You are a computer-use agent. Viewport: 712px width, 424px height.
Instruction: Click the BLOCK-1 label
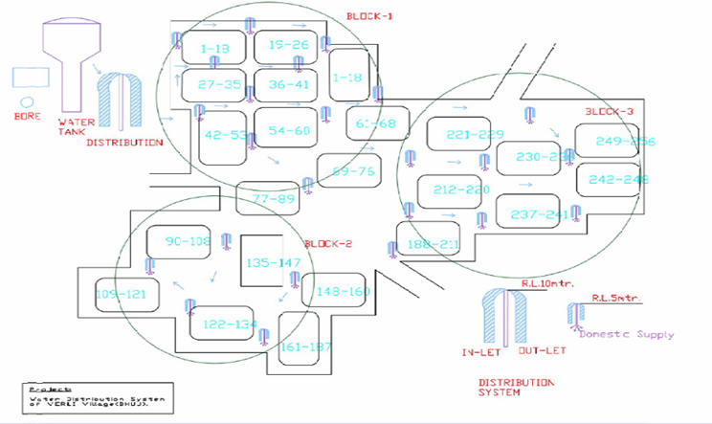[367, 16]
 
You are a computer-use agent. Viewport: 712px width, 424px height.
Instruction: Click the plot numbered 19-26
[286, 46]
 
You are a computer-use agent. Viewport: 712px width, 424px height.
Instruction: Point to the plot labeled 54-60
[289, 130]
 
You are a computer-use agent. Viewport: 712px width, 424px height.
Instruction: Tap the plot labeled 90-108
[188, 242]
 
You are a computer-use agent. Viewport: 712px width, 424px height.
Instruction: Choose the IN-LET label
[478, 353]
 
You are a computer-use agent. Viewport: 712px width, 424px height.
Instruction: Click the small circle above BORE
[27, 100]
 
